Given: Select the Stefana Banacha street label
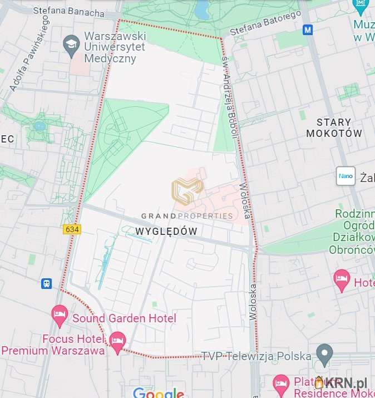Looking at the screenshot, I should tap(68, 11).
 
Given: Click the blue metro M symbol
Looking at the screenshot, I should tap(308, 30).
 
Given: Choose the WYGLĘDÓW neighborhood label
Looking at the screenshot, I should tap(166, 230).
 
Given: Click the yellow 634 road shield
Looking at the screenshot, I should tap(72, 229).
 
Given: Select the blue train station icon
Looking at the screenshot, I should tap(46, 283).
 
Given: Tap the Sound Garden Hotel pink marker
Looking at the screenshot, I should tap(60, 315).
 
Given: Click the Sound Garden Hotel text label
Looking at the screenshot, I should tap(124, 318).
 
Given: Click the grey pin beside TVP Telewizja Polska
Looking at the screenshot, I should tap(324, 352).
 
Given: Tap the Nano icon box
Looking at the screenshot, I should tap(346, 176).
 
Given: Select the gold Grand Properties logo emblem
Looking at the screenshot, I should tap(187, 191).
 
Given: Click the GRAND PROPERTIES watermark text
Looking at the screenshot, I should tap(187, 216).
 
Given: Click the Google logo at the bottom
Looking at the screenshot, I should tap(158, 393).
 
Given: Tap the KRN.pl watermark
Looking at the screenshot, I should tap(342, 383).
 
